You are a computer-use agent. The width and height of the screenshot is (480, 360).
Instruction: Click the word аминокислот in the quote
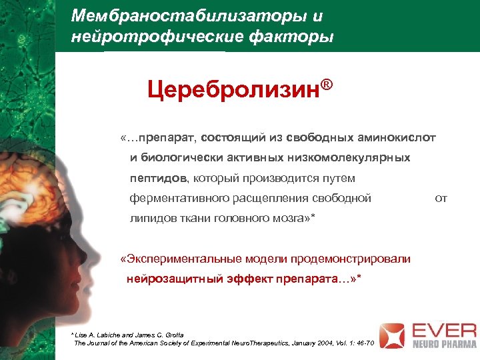tap(398, 137)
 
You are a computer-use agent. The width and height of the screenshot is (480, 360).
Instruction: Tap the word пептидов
tap(160, 178)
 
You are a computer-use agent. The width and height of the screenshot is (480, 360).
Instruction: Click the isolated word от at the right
tap(441, 198)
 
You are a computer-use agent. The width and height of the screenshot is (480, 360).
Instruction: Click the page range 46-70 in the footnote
tap(365, 343)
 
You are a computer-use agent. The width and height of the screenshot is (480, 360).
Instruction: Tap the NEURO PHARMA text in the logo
tap(441, 345)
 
